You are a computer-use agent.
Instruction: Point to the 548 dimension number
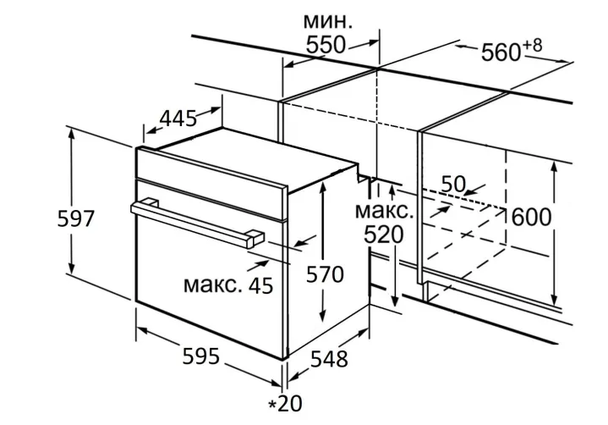coord(328,359)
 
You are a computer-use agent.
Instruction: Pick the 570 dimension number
coord(325,275)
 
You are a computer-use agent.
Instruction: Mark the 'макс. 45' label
coord(228,285)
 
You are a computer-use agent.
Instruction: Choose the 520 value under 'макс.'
coord(384,235)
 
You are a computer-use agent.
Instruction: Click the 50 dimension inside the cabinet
coord(454,184)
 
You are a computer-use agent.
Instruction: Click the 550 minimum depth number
coord(326,46)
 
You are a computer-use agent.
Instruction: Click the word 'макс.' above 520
coord(384,210)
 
